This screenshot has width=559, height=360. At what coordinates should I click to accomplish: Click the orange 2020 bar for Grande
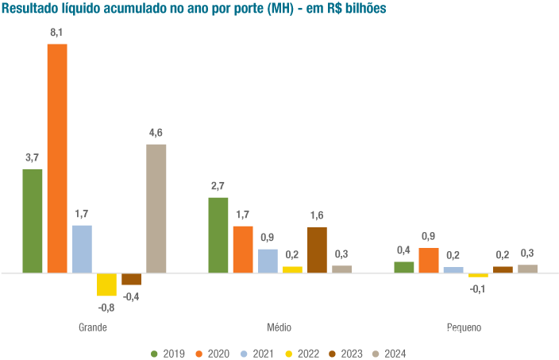(57, 158)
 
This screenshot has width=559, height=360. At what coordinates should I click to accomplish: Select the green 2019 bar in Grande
(33, 221)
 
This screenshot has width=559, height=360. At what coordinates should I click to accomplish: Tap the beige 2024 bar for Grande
(156, 208)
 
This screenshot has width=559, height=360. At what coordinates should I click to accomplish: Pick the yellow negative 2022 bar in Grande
(106, 284)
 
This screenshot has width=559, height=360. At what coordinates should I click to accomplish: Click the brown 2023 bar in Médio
(317, 250)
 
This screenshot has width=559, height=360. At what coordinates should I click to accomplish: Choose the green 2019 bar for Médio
(218, 235)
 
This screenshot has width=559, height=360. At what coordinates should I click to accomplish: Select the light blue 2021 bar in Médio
(268, 261)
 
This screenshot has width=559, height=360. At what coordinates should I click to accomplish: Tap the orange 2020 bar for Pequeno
(429, 260)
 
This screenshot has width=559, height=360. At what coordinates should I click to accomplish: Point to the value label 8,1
(57, 33)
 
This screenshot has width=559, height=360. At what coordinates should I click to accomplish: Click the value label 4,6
(156, 133)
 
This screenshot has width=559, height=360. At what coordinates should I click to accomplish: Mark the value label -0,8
(106, 307)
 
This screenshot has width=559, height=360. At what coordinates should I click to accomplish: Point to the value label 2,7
(218, 186)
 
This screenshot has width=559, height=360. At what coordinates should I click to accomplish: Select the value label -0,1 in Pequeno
(478, 288)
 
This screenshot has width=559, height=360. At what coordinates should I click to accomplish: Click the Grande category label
(93, 327)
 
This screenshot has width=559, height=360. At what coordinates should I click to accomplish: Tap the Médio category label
(279, 327)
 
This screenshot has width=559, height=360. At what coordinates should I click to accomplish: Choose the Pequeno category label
(465, 327)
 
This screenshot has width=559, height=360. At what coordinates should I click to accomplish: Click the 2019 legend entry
(168, 353)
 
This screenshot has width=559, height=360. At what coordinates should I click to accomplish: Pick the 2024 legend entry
(390, 353)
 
